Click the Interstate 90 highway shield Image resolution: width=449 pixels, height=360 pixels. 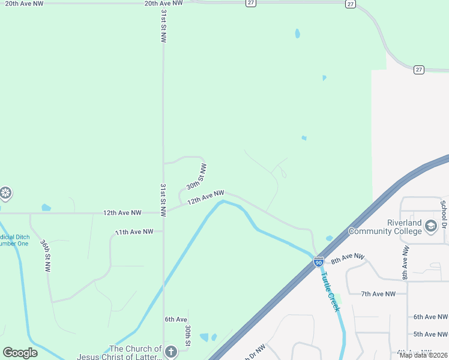point(318,262)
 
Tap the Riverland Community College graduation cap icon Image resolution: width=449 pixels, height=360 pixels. point(430,226)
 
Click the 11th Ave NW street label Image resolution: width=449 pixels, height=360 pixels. point(134,232)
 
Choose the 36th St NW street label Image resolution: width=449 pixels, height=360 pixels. point(46,256)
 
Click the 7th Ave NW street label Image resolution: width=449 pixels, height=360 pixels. point(378,294)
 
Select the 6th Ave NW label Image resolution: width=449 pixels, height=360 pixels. point(430,317)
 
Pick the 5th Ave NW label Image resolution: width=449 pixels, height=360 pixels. point(430,334)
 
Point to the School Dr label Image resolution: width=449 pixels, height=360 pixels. point(444,211)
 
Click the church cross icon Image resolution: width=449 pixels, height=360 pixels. point(171,352)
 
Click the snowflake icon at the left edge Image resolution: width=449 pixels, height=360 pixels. point(5,193)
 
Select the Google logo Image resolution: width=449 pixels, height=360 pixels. point(20,353)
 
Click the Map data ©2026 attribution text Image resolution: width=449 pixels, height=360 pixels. point(423,355)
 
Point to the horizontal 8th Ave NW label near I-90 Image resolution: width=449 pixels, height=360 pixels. point(348,259)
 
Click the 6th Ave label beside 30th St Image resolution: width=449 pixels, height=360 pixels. point(176,320)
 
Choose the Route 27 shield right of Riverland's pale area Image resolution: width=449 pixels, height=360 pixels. point(419,70)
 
